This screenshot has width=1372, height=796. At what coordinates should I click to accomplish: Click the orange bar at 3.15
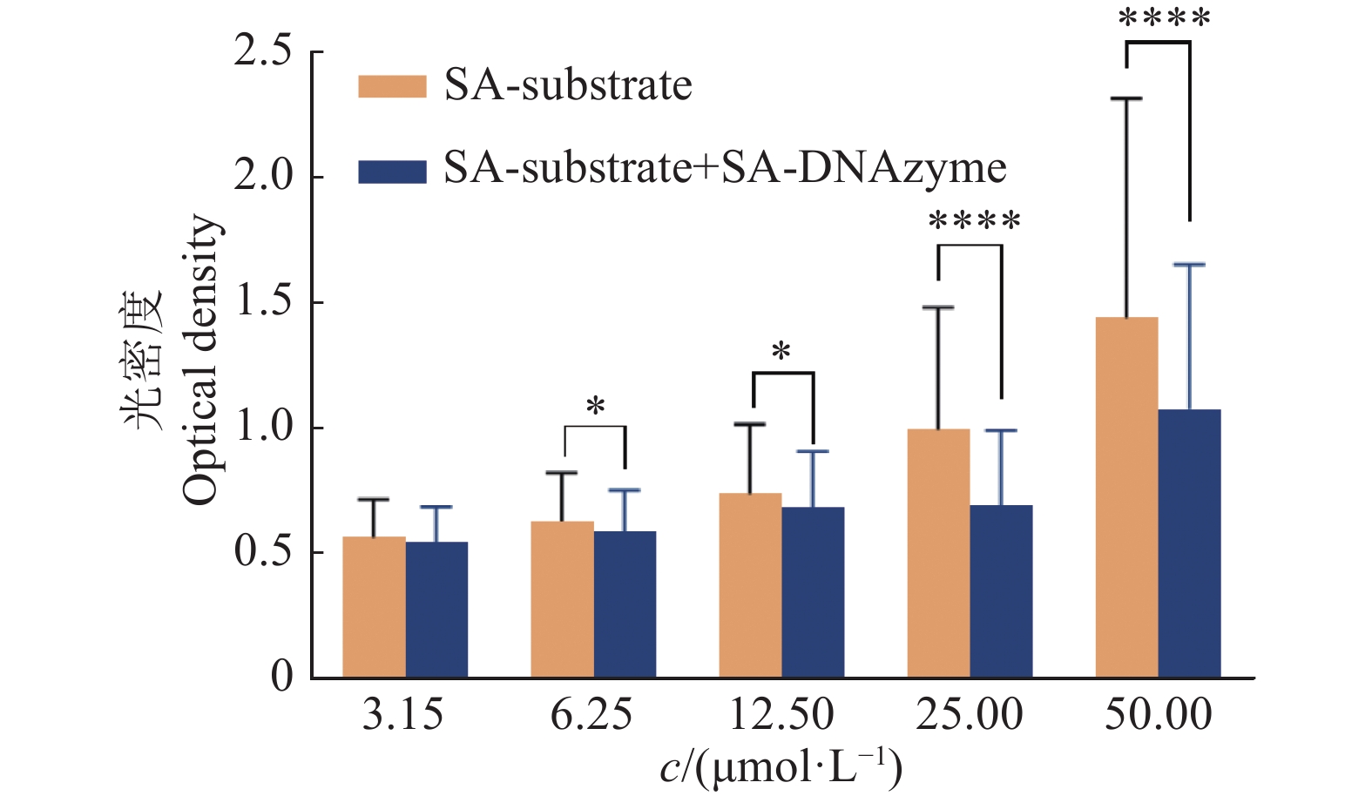[374, 607]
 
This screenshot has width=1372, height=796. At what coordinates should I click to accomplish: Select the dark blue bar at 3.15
[436, 610]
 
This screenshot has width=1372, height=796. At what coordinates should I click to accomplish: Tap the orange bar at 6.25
[562, 599]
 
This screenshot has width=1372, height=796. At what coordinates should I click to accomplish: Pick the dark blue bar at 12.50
[813, 592]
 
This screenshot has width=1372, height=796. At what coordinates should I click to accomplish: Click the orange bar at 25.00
[938, 553]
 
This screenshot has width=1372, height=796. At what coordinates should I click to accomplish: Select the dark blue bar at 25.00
[1001, 591]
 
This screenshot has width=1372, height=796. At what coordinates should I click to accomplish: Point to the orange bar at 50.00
[1126, 497]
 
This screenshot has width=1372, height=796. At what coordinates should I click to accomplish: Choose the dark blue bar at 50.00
[1189, 543]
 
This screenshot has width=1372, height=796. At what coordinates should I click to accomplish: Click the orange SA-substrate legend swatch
[392, 86]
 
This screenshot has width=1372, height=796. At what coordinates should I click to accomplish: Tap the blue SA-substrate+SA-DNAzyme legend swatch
[392, 172]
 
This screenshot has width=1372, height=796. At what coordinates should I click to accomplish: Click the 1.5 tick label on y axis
[262, 301]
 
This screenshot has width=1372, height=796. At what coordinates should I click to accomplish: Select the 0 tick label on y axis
[281, 677]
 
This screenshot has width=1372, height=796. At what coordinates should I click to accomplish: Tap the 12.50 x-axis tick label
[781, 715]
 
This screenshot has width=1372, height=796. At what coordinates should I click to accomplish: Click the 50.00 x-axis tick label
[1158, 715]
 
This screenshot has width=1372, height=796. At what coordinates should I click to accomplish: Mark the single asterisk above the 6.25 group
[596, 407]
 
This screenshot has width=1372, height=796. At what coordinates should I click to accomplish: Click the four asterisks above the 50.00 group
[1165, 19]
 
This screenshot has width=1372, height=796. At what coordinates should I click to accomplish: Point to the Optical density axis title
[200, 359]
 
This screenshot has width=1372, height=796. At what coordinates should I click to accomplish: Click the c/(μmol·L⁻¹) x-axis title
[781, 766]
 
